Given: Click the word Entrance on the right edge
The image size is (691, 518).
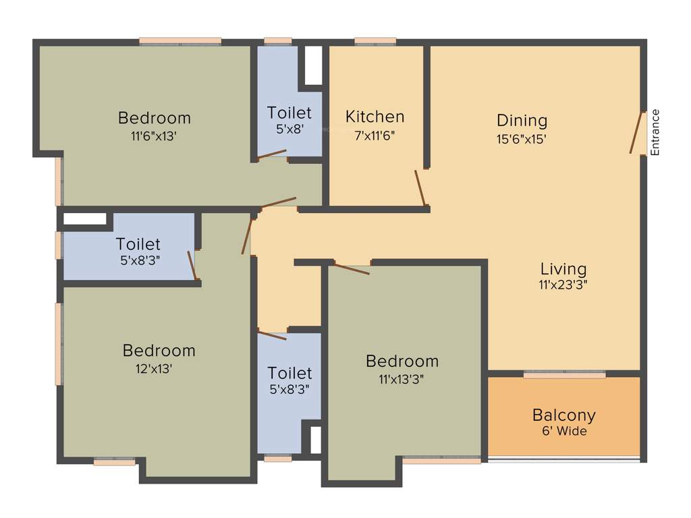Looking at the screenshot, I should pyautogui.click(x=654, y=132).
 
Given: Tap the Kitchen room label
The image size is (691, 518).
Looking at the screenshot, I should pyautogui.click(x=375, y=117).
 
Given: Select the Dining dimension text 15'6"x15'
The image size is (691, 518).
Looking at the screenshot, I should pyautogui.click(x=522, y=140).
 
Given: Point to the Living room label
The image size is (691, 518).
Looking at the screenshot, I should pyautogui.click(x=563, y=269).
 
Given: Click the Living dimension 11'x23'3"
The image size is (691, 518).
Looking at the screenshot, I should pyautogui.click(x=563, y=285).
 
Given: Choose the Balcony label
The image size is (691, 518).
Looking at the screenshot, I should pyautogui.click(x=563, y=415).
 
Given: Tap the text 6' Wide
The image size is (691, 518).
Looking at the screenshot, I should pyautogui.click(x=563, y=431).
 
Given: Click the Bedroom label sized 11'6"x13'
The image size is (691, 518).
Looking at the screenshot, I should pyautogui.click(x=154, y=118).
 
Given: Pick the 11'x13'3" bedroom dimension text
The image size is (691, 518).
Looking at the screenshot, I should pyautogui.click(x=402, y=379).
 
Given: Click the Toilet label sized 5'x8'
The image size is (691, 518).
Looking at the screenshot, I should pyautogui.click(x=289, y=113).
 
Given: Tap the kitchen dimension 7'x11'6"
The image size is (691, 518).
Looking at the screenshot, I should pyautogui.click(x=375, y=134).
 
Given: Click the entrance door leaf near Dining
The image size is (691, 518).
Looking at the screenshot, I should pyautogui.click(x=636, y=132).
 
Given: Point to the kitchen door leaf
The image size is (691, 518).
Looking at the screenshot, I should pyautogui.click(x=420, y=188).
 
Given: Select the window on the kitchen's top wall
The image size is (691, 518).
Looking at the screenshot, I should pyautogui.click(x=375, y=42).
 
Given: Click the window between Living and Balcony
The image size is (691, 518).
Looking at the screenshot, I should pyautogui.click(x=564, y=374).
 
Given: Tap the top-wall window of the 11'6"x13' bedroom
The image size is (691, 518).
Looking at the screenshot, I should pyautogui.click(x=180, y=42).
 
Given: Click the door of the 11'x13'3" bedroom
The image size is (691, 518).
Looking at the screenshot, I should pyautogui.click(x=352, y=268).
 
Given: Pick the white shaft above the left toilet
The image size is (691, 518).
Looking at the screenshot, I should pyautogui.click(x=85, y=219).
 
